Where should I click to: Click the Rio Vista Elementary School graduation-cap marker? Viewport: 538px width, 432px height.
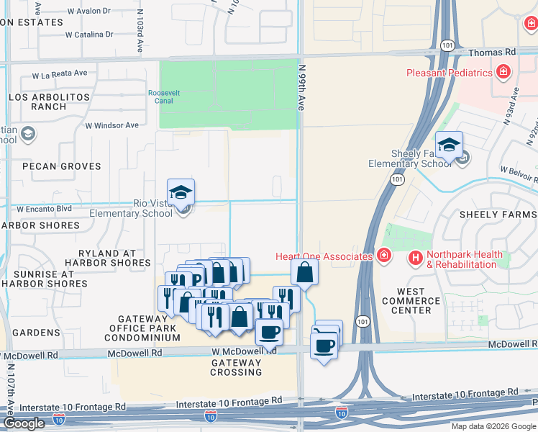pos(181,192)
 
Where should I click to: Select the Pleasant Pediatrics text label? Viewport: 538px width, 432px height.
pos(449,73)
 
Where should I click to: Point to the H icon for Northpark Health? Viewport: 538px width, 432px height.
pos(415,257)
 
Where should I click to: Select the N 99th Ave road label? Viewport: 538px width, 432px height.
pos(303,86)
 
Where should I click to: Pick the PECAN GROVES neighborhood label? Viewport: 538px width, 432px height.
pos(61,166)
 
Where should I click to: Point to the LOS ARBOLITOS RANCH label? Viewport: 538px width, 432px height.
pos(49,102)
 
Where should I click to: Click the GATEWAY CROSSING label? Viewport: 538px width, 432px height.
pos(236,367)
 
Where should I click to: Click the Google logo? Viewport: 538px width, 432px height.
pos(24,423)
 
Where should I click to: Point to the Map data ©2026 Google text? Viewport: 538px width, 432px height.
pos(493,426)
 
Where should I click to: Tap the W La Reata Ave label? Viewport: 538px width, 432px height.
pos(60,74)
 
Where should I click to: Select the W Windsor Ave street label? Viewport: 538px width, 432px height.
pos(111,125)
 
